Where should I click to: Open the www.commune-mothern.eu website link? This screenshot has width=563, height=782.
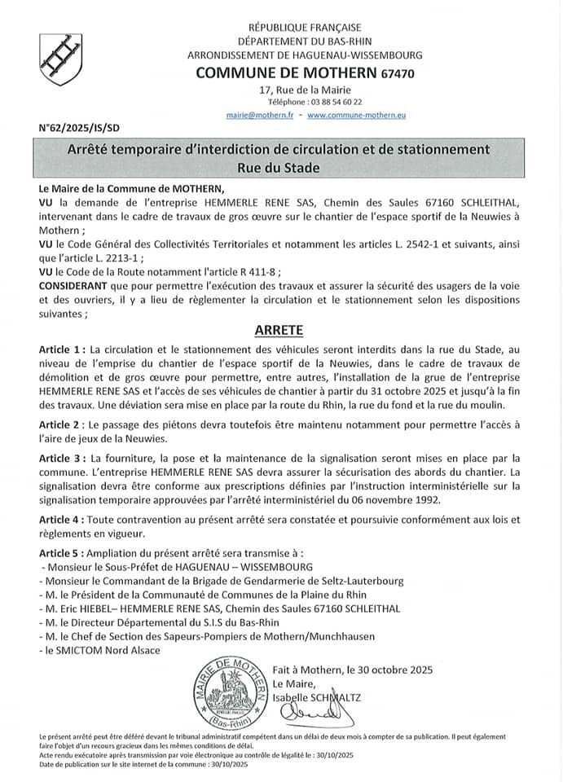pos(356,116)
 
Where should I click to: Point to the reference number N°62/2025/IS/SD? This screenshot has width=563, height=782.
pos(78,128)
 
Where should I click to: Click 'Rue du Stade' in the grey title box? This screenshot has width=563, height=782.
pos(279,168)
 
